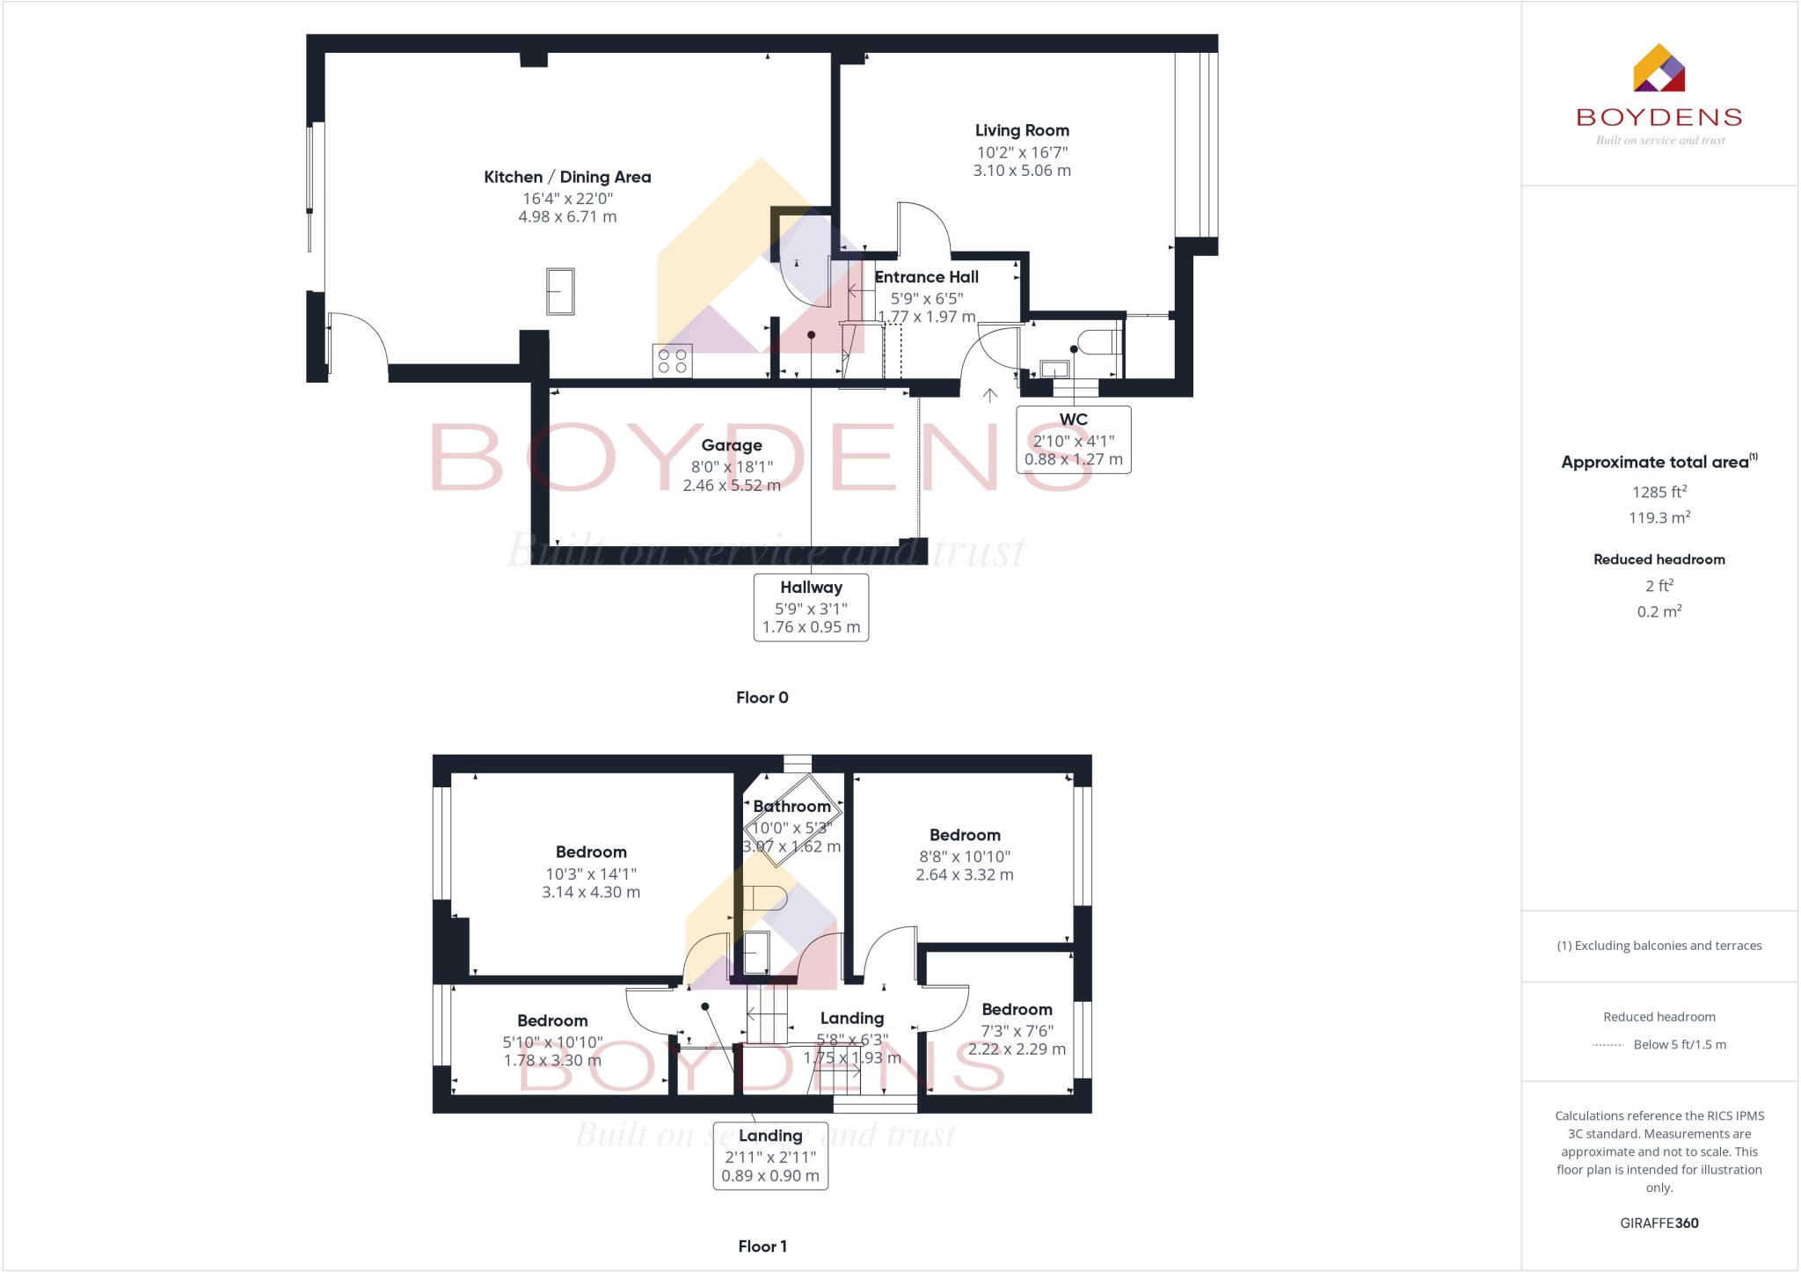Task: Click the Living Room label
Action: coord(1022,130)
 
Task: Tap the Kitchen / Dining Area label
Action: coord(567,177)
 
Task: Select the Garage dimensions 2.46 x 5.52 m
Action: coord(732,486)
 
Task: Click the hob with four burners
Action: coord(673,361)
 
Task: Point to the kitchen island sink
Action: coord(560,291)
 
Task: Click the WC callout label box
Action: coord(1073,439)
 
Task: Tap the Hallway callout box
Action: coord(811,607)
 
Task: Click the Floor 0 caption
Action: coord(762,698)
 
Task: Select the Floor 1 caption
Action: coord(762,1246)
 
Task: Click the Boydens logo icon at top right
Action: coord(1659,69)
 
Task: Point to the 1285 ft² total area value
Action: coord(1659,493)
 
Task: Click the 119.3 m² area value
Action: coord(1659,518)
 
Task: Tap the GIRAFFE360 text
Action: coord(1659,1223)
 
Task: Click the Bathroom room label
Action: coord(791,807)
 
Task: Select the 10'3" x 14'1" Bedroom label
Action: coord(591,852)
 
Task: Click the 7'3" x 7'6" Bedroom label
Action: coord(1017,1010)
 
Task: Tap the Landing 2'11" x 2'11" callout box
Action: coord(770,1155)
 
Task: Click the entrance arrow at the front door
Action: coord(990,396)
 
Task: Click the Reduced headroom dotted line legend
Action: coord(1608,1045)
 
